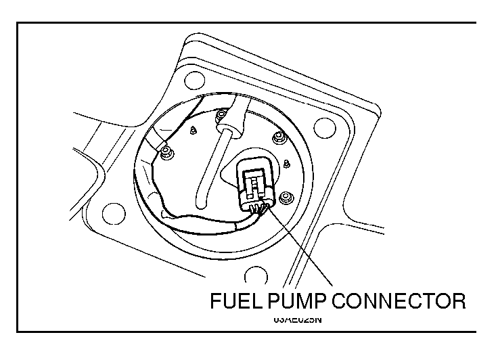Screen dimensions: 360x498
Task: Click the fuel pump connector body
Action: (x=256, y=179)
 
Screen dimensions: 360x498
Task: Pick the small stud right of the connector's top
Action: (x=287, y=162)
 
